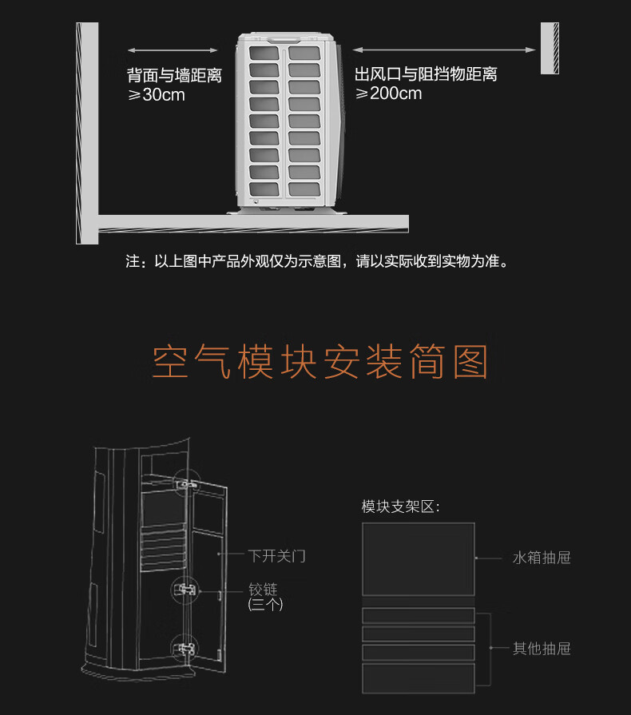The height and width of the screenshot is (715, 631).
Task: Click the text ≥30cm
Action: [x=157, y=96]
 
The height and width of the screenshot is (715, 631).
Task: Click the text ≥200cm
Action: [x=389, y=94]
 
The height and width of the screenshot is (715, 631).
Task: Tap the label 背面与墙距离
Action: [x=174, y=76]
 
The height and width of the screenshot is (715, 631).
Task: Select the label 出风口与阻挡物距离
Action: [x=426, y=75]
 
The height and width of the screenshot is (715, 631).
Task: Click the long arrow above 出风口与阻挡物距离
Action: [x=444, y=50]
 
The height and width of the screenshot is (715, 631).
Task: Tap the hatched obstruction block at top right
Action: [x=550, y=48]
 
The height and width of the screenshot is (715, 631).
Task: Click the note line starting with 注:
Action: [x=316, y=262]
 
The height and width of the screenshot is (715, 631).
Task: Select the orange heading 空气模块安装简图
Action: [x=319, y=363]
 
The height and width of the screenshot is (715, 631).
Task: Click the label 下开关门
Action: [x=277, y=555]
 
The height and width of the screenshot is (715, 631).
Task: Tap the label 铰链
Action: [x=263, y=590]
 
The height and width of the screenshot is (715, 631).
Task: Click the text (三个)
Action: [x=265, y=605]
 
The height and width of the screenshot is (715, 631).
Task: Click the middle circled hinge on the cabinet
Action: [x=185, y=590]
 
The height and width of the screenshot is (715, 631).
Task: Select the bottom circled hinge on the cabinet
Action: [x=185, y=649]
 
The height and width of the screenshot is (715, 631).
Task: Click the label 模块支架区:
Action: [x=400, y=506]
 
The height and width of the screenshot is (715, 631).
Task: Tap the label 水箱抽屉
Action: [x=542, y=558]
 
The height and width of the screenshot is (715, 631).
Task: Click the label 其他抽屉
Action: [x=542, y=649]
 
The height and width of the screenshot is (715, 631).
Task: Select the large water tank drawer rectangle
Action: [x=418, y=558]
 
